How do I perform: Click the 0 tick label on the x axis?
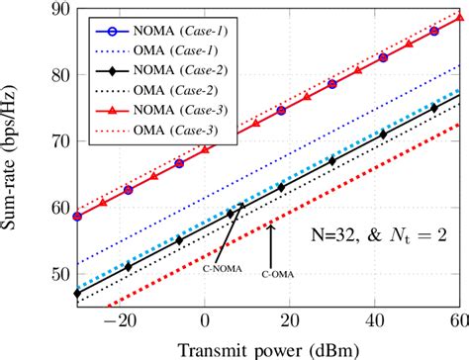tap(204, 320)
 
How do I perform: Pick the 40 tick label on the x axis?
tap(374, 320)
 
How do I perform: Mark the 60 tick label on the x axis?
tap(457, 320)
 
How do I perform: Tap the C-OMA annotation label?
tap(279, 272)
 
